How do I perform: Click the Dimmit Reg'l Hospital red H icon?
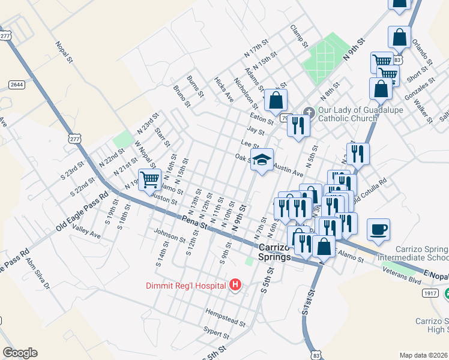(235, 285)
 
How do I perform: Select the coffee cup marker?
(378, 230)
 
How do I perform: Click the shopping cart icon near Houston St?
(149, 178)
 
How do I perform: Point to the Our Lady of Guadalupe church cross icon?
(309, 112)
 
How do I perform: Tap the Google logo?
(20, 353)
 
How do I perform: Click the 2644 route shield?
(17, 85)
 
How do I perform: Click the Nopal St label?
(64, 52)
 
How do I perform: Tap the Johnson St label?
(169, 235)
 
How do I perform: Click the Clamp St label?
(298, 36)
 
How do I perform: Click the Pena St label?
(194, 223)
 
